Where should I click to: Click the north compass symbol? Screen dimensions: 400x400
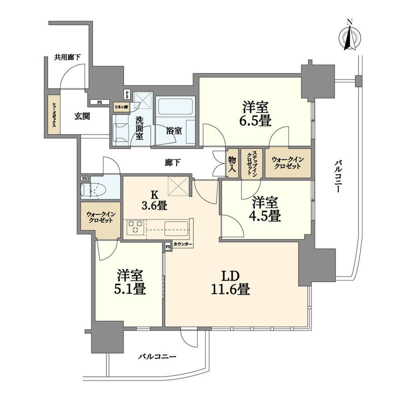(x=349, y=37)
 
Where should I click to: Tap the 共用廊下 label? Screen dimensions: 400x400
(x=67, y=57)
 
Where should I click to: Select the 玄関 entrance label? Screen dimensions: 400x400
(x=82, y=116)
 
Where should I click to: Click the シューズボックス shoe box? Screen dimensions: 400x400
(x=54, y=114)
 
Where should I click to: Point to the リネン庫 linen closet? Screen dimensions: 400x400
(x=121, y=107)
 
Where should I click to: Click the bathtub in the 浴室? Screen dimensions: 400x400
(x=175, y=106)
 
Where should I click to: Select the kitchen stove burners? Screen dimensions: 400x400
(x=135, y=227)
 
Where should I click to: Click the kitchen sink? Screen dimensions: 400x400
(x=176, y=228)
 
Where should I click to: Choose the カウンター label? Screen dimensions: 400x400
(x=182, y=244)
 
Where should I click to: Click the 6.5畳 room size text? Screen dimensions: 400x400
(x=255, y=120)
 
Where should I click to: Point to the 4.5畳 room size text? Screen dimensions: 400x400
(x=264, y=216)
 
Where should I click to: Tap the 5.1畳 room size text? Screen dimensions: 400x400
(x=130, y=289)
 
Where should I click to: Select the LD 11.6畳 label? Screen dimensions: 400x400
(x=230, y=282)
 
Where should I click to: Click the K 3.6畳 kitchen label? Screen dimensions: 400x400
(x=154, y=200)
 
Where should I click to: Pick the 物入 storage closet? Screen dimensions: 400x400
(x=232, y=163)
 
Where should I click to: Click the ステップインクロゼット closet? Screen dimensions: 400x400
(x=251, y=163)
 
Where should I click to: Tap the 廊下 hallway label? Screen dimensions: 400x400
(x=172, y=162)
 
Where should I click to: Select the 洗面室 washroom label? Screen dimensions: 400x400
(x=139, y=128)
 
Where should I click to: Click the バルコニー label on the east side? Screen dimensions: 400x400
(x=338, y=176)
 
